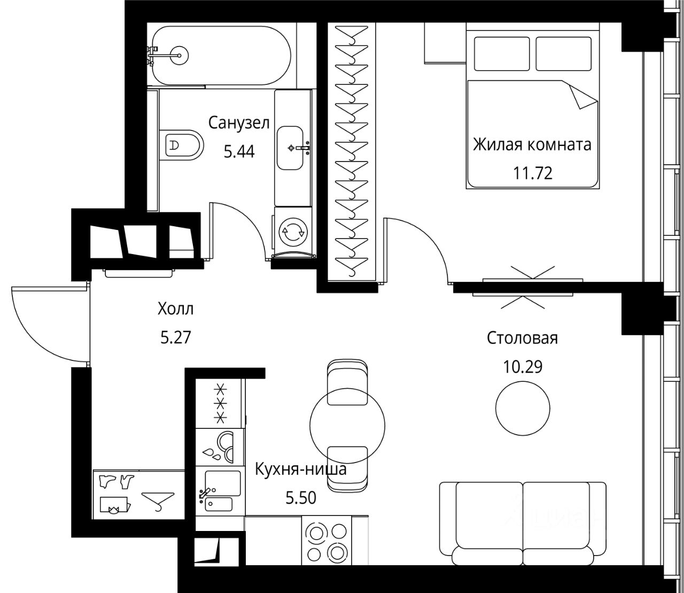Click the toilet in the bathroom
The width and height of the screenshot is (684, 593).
pyautogui.click(x=181, y=145)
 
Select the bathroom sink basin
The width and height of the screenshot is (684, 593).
pyautogui.click(x=290, y=148)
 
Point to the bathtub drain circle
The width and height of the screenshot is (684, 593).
pyautogui.click(x=179, y=55)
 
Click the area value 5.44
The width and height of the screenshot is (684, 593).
pyautogui.click(x=239, y=152)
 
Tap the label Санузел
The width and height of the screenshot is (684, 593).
pyautogui.click(x=239, y=123)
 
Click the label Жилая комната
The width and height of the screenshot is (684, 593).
pyautogui.click(x=532, y=145)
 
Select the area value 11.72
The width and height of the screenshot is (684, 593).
pyautogui.click(x=533, y=173)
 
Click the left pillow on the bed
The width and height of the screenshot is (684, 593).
pyautogui.click(x=502, y=53)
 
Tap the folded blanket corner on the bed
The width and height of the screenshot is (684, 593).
pyautogui.click(x=584, y=96)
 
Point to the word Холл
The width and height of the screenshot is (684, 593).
pyautogui.click(x=176, y=309)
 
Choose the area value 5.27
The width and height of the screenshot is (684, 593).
pyautogui.click(x=176, y=338)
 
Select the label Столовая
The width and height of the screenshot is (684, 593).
pyautogui.click(x=523, y=338)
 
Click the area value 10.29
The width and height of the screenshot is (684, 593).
pyautogui.click(x=523, y=367)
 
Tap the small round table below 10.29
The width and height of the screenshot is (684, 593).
pyautogui.click(x=523, y=409)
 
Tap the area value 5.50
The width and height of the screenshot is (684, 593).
pyautogui.click(x=301, y=498)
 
